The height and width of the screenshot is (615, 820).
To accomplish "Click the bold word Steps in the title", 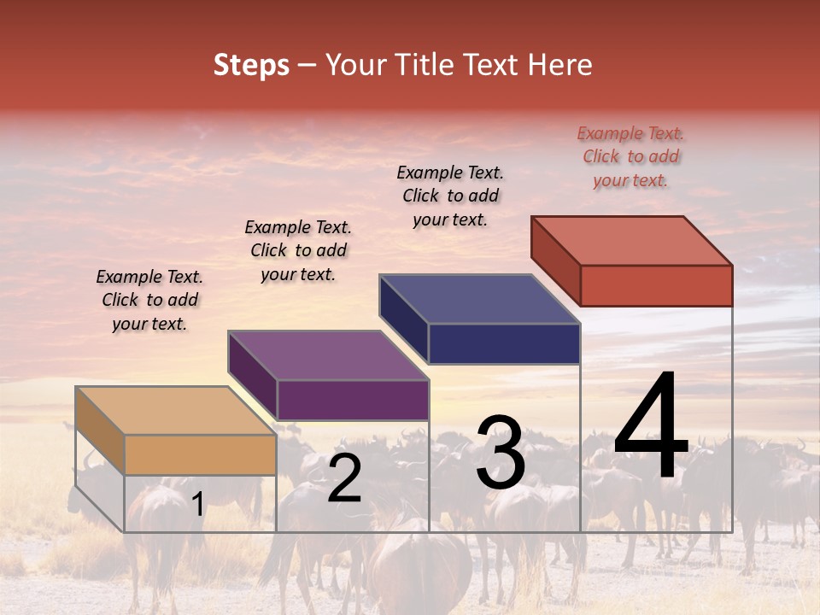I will tap(251, 65).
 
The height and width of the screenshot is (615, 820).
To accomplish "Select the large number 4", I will tap(651, 427).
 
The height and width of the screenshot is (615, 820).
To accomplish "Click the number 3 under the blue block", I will tap(501, 453).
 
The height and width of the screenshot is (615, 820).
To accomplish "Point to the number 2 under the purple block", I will tap(344, 479).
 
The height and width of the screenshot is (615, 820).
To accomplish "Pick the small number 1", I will tap(197, 505).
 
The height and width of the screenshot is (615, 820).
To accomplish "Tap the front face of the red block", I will tap(656, 285).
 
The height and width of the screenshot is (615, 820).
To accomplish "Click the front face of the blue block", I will tap(504, 343).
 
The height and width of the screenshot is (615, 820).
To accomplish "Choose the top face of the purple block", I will tap(329, 354).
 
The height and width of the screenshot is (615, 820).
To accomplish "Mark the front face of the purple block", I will tap(353, 400).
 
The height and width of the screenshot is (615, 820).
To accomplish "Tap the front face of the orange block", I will tap(201, 454).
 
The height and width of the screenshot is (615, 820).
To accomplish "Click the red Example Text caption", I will tap(630, 156).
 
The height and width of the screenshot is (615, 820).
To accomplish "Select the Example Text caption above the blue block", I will tap(450, 196).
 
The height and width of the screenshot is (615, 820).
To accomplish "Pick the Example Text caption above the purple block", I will tap(298, 250).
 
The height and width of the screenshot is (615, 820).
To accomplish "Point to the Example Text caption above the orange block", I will tap(149, 300).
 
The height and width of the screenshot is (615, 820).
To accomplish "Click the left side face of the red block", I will tap(555, 260).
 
